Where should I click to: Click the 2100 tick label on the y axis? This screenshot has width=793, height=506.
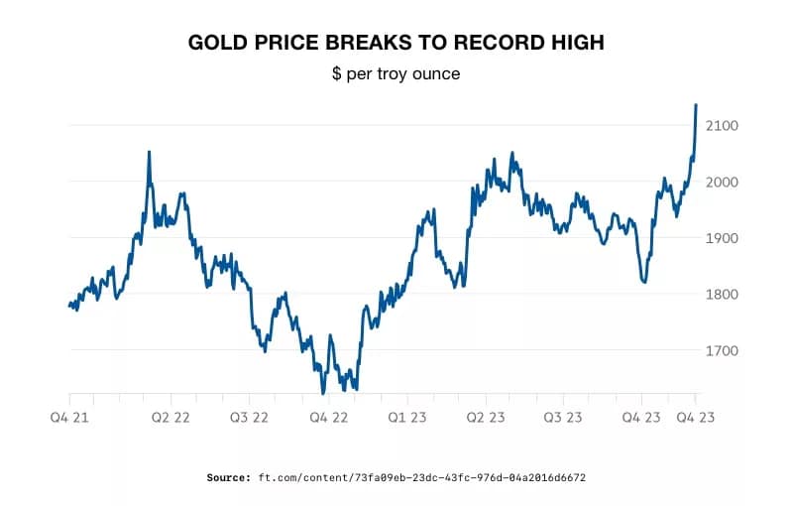(724, 126)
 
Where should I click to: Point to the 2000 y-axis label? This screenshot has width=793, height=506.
(724, 183)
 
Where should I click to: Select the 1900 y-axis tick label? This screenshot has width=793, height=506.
(724, 238)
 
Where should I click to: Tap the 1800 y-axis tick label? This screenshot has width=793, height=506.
(724, 295)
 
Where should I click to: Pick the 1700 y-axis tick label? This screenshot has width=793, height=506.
(724, 351)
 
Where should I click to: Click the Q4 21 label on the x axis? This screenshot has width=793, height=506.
(69, 418)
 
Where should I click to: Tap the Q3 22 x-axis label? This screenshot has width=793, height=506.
(249, 418)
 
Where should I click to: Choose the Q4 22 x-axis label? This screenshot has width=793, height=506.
(328, 418)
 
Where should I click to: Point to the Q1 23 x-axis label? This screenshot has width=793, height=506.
(407, 418)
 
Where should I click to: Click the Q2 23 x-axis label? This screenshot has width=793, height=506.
(487, 418)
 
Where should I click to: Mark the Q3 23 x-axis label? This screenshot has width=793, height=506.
(562, 418)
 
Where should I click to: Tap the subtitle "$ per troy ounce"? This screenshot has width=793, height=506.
(396, 74)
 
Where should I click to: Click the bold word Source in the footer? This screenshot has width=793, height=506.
(229, 477)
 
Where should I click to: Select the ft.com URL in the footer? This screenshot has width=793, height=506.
(422, 477)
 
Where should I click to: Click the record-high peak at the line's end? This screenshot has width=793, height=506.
(696, 104)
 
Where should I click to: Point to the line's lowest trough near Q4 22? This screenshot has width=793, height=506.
(323, 393)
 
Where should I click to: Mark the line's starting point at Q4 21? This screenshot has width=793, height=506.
(69, 306)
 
